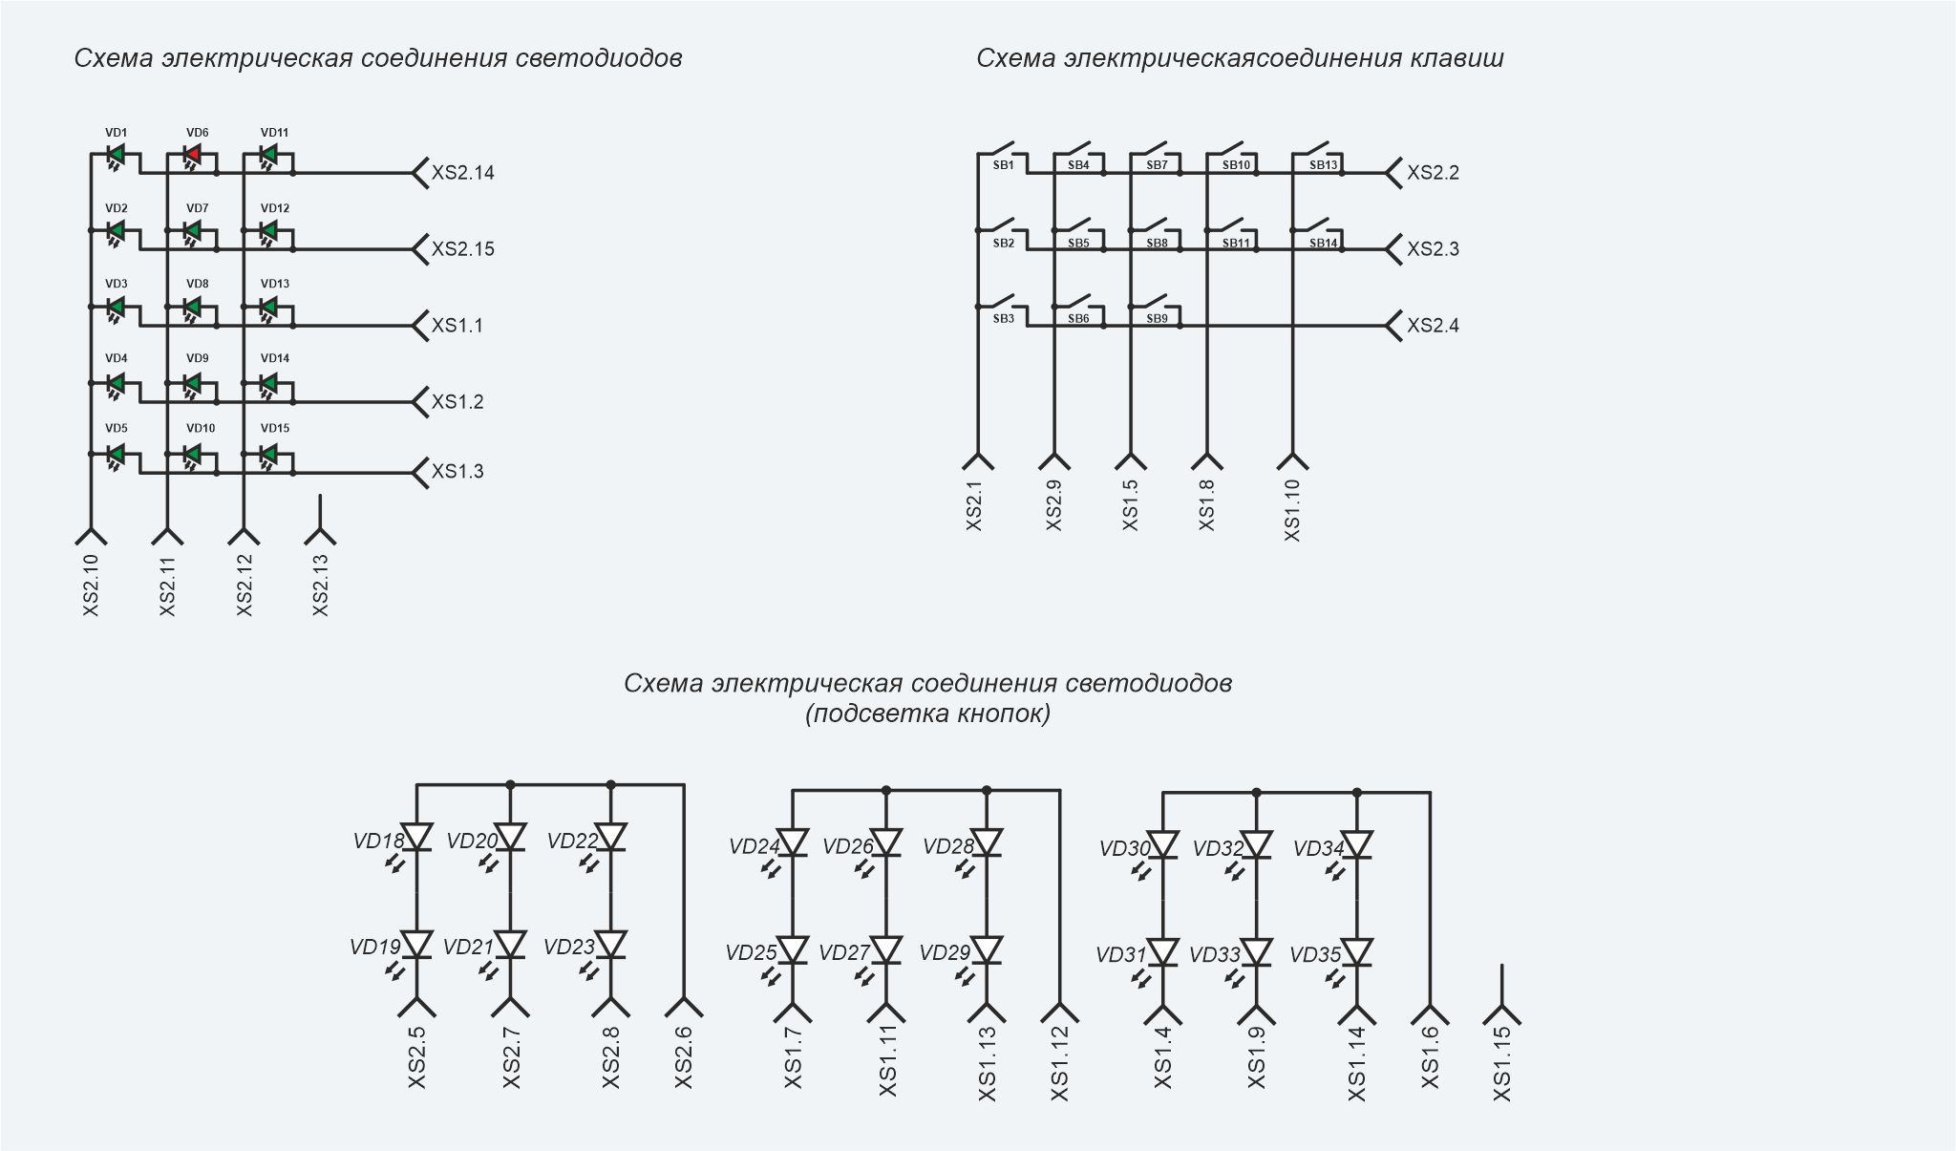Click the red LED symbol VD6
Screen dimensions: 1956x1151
(193, 155)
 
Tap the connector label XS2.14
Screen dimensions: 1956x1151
(463, 173)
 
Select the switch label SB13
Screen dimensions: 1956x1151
(1324, 165)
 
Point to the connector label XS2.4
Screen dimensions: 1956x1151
(1433, 326)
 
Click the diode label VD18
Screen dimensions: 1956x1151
(378, 842)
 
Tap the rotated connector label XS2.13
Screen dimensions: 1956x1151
(320, 586)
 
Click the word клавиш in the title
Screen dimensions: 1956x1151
(1457, 58)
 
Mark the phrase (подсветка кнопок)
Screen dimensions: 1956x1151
(928, 714)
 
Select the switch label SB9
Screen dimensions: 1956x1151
(1157, 319)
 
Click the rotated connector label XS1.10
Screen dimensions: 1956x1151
(1292, 510)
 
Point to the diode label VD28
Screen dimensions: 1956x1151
(948, 846)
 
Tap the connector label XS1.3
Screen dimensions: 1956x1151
(457, 472)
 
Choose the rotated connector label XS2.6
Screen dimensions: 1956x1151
(683, 1057)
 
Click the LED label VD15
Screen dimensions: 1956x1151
(275, 429)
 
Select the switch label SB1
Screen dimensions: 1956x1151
(1003, 165)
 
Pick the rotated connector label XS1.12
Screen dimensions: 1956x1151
(1059, 1064)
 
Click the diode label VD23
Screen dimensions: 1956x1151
(569, 948)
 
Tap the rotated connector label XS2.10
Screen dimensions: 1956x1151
(91, 586)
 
